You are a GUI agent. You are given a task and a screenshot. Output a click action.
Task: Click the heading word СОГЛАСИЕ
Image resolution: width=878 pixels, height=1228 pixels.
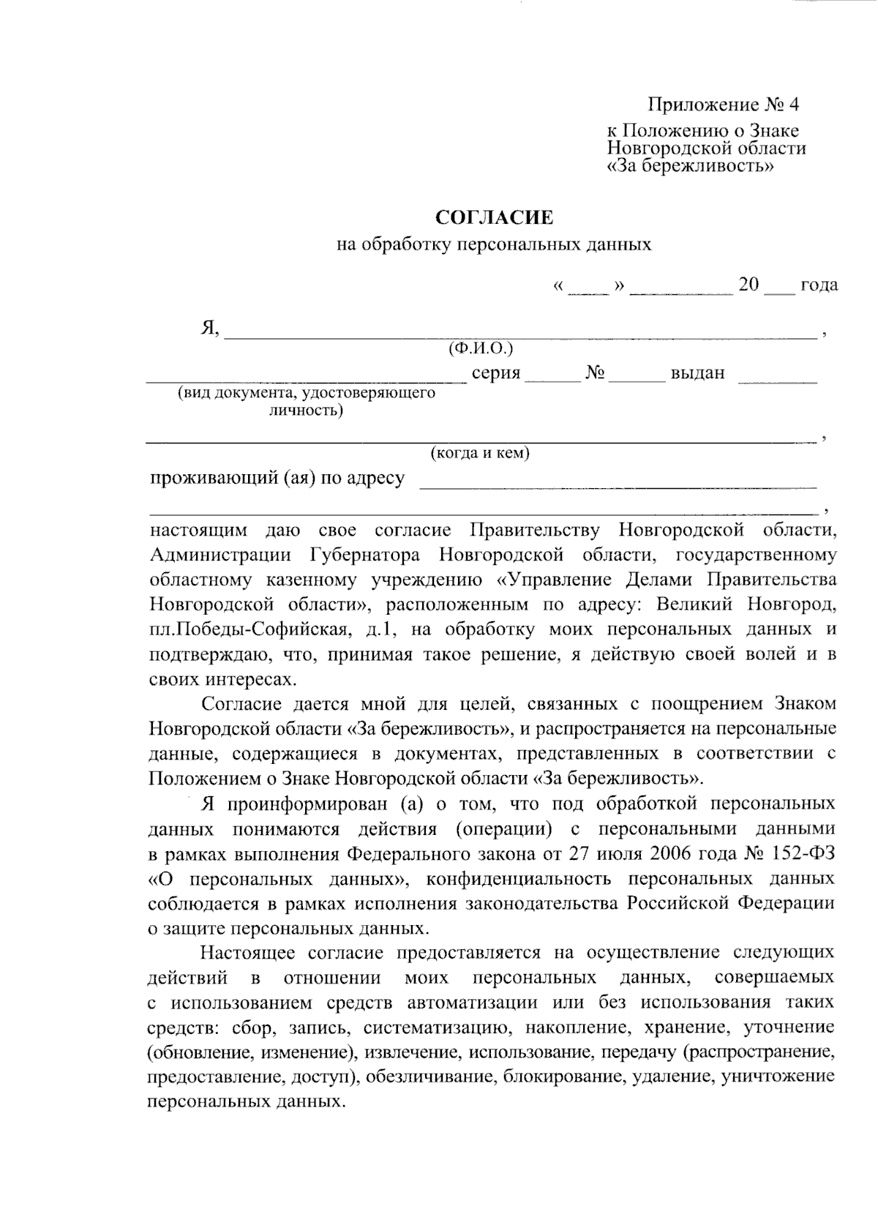tap(495, 217)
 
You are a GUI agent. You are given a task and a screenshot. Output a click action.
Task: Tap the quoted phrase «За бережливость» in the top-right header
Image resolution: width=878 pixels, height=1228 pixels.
tap(691, 166)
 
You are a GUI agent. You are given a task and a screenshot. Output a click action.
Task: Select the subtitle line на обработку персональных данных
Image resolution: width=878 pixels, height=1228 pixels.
tap(494, 244)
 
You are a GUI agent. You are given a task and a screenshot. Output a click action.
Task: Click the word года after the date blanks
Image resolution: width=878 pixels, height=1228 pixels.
tap(819, 285)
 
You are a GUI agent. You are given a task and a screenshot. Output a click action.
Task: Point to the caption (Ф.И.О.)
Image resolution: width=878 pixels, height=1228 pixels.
tap(481, 347)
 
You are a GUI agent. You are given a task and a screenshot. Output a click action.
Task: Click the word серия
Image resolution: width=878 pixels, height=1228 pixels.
tap(495, 373)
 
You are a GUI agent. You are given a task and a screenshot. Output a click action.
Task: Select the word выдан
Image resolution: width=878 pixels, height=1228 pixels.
tap(697, 373)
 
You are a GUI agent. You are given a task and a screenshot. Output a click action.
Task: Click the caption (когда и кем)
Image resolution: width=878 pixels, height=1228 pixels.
tap(480, 453)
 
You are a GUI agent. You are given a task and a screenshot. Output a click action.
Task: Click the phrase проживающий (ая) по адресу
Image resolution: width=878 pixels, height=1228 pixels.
tap(277, 479)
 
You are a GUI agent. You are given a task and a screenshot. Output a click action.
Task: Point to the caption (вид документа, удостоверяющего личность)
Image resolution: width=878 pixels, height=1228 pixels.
tap(306, 401)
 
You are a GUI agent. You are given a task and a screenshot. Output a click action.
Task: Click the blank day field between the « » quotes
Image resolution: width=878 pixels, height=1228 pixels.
tap(588, 287)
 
